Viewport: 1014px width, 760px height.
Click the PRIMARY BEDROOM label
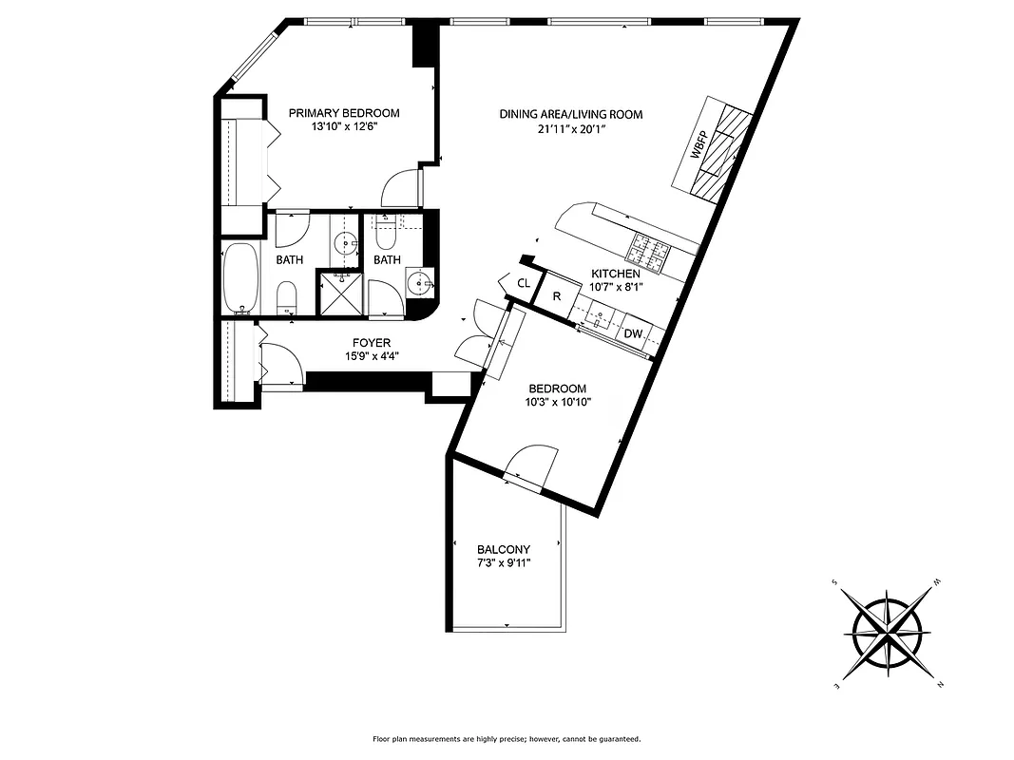(344, 113)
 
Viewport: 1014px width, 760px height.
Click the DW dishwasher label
(633, 333)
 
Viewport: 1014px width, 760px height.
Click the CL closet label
(524, 283)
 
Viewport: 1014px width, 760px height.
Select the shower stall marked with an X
(339, 293)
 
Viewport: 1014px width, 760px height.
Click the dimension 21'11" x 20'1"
(571, 130)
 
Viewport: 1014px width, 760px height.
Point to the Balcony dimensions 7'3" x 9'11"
(504, 562)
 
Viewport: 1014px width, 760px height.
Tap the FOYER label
(371, 343)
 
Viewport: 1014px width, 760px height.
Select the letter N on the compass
(939, 684)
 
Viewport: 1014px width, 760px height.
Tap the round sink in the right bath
(418, 282)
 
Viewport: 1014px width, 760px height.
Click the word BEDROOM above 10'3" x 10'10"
(558, 389)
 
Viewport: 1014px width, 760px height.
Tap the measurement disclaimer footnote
(507, 738)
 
